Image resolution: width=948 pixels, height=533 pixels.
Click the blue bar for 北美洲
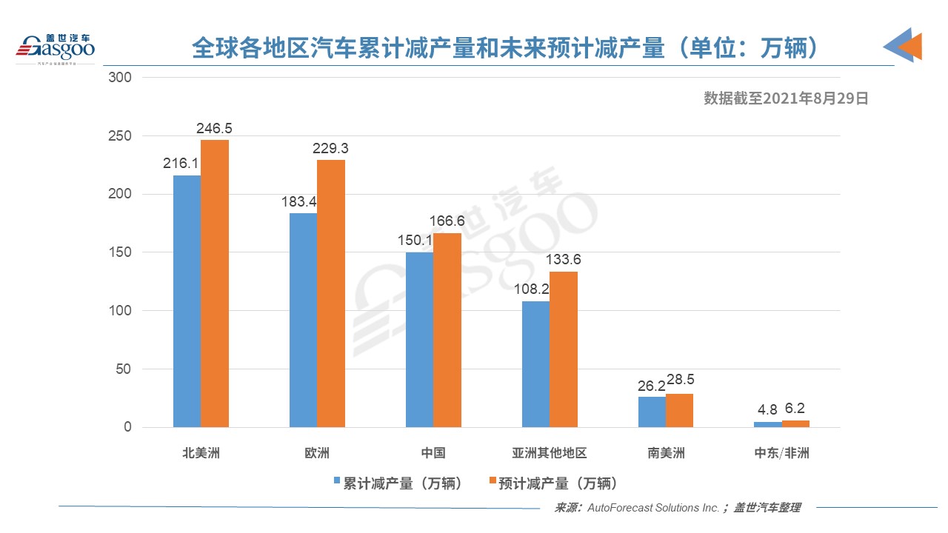pos(187,301)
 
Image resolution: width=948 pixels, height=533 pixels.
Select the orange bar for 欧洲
pos(331,293)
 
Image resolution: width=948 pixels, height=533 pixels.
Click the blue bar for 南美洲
pos(652,412)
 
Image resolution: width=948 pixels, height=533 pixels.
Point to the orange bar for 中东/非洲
pos(795,423)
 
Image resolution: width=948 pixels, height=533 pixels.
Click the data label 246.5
pos(214,129)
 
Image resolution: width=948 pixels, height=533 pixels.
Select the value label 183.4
pos(304,202)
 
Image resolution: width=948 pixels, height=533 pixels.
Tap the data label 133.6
pos(564,260)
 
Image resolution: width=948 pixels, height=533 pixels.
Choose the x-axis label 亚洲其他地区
pos(550,453)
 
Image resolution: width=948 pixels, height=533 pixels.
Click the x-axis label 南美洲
pos(666,453)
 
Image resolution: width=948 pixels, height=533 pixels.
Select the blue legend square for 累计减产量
pos(337,482)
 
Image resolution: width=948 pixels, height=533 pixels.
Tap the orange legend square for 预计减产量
pos(492,482)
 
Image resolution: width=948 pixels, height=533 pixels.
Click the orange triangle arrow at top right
pos(911,46)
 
